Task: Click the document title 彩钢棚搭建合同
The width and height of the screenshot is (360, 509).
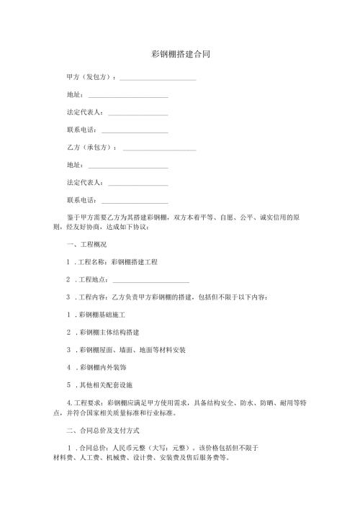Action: [180, 54]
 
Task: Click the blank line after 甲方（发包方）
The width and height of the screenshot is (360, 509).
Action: [158, 78]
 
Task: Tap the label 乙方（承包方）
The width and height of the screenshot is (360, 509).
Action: [91, 148]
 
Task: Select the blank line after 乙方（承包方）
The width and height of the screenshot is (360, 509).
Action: [159, 149]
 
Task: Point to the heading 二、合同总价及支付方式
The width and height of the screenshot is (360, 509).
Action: [107, 430]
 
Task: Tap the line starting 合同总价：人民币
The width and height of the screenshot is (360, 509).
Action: [166, 447]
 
